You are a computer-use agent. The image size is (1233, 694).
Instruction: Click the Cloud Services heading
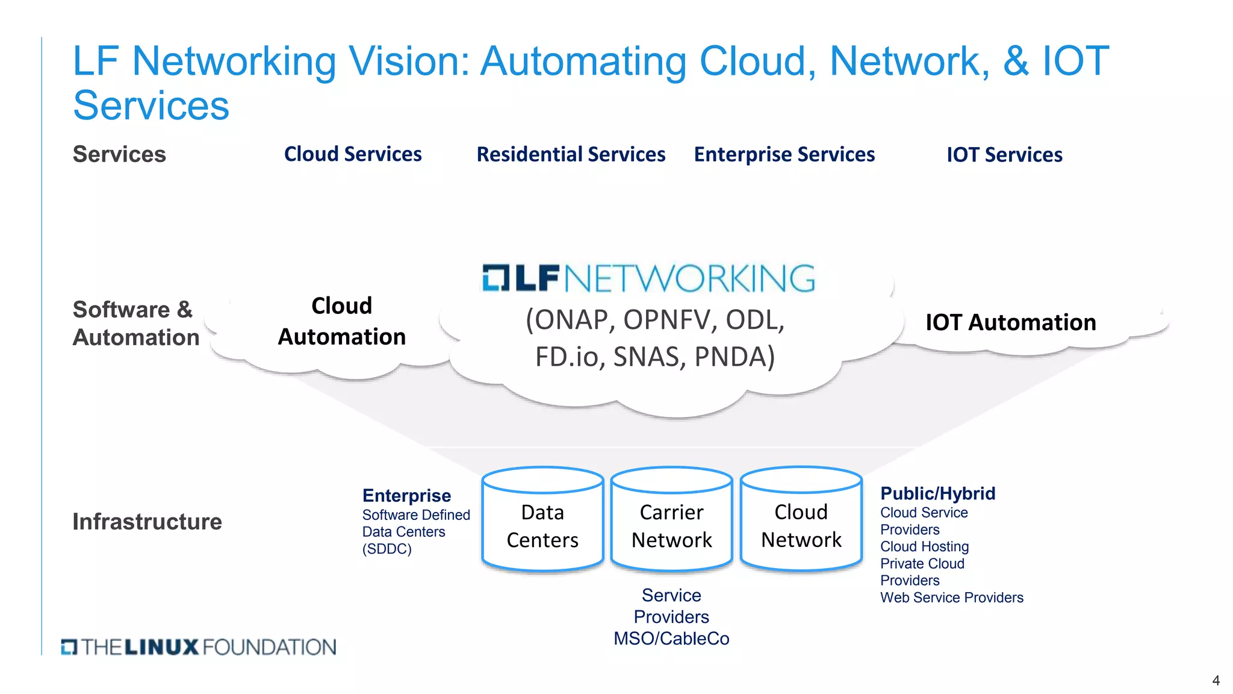point(353,154)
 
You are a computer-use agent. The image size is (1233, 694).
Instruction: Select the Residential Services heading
point(571,155)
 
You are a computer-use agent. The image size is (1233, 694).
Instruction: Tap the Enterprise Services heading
point(784,155)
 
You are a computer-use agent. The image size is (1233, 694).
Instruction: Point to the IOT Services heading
point(1004,155)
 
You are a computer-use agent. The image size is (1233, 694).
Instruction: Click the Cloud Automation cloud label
point(341,321)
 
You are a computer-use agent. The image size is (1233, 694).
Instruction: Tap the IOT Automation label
point(1010,322)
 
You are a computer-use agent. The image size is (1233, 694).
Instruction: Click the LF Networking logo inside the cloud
point(648,278)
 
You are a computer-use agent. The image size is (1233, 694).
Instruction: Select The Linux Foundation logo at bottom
point(199,647)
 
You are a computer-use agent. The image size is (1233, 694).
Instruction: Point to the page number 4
point(1216,681)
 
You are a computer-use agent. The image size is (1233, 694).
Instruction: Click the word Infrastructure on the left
point(147,522)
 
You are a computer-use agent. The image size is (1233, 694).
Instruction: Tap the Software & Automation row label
point(135,324)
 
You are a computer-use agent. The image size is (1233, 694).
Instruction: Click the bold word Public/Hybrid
point(937,493)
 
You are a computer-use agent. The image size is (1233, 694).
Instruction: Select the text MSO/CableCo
point(671,639)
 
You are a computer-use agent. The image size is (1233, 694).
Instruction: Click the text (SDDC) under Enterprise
point(387,549)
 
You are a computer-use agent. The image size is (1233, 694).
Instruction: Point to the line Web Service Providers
point(951,598)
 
